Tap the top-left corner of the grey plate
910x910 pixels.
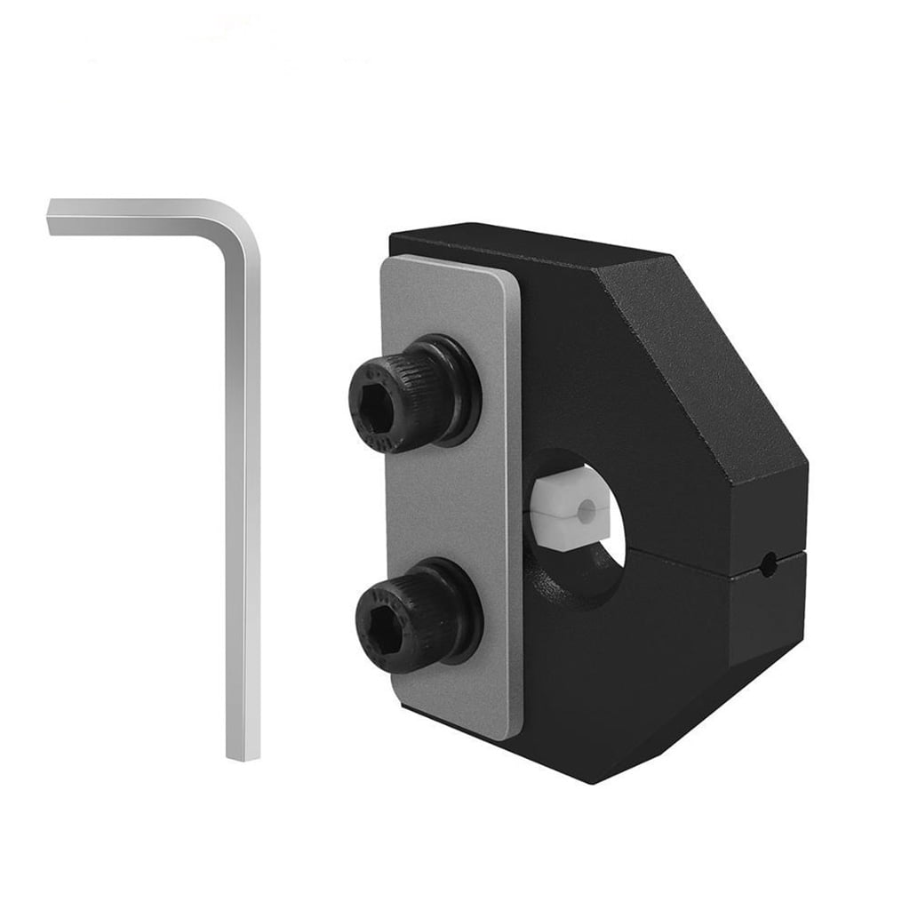click(x=389, y=264)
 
